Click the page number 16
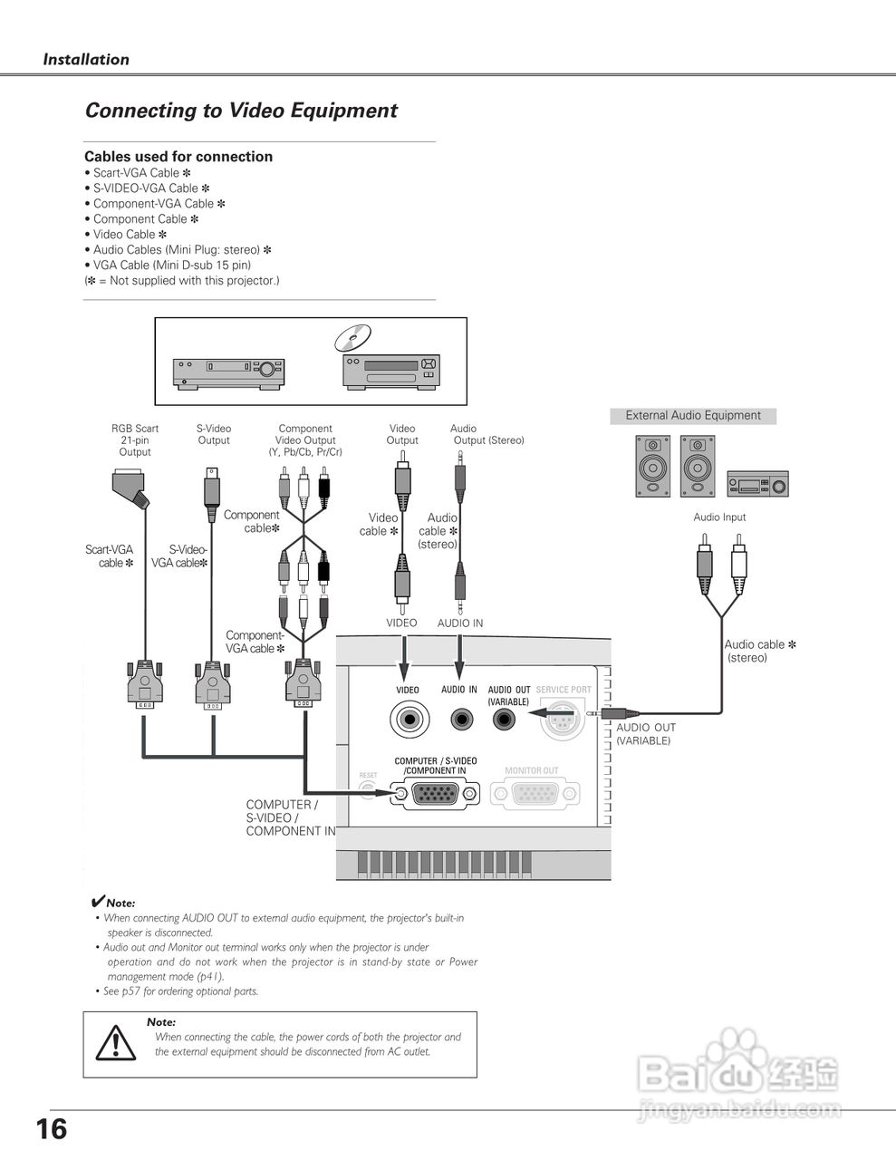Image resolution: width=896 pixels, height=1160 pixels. [52, 1129]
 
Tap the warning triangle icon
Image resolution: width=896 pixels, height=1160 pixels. [116, 1043]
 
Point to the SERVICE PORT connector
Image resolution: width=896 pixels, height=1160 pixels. [562, 721]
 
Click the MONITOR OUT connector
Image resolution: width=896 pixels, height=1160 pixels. [535, 794]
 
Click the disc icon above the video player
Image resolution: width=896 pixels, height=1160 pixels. [352, 337]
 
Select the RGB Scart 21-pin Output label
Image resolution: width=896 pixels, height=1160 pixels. [135, 440]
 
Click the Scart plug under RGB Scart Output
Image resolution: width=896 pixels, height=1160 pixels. [131, 488]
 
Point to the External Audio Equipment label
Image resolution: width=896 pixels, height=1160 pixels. [693, 416]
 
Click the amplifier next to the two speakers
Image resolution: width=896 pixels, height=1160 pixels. [757, 483]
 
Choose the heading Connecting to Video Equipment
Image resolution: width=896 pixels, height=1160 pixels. [241, 111]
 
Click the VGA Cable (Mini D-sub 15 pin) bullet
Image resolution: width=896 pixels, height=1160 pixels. [172, 266]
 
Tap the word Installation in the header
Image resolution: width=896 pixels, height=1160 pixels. [86, 60]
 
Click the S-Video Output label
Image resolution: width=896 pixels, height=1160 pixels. [214, 435]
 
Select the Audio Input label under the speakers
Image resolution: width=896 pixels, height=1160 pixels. [719, 517]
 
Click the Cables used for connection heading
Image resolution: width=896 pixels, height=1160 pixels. [178, 157]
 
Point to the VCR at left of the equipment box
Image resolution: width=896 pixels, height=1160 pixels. [228, 372]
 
